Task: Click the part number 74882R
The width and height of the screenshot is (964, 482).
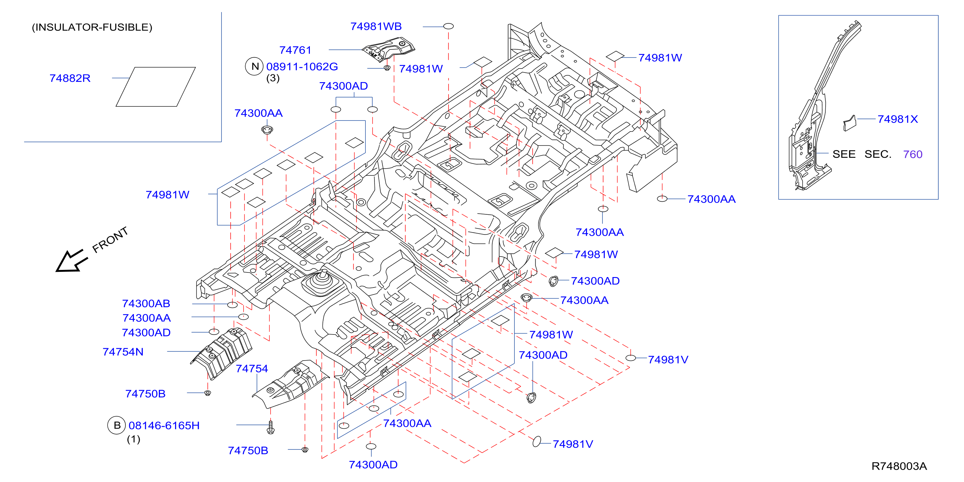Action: pyautogui.click(x=70, y=78)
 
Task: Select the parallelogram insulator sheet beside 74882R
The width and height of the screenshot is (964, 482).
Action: pyautogui.click(x=156, y=87)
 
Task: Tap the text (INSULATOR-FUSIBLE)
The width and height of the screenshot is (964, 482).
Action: pyautogui.click(x=92, y=27)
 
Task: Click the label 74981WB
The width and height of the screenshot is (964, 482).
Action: pyautogui.click(x=376, y=26)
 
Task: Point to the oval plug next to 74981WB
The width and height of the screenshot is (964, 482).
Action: pyautogui.click(x=448, y=26)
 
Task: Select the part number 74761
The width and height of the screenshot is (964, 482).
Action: pyautogui.click(x=295, y=50)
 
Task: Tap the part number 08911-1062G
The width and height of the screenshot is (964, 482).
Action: pyautogui.click(x=302, y=67)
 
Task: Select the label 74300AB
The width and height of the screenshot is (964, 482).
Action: pyautogui.click(x=146, y=303)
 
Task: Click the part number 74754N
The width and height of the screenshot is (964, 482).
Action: pyautogui.click(x=123, y=352)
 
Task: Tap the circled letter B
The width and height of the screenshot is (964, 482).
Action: pyautogui.click(x=117, y=425)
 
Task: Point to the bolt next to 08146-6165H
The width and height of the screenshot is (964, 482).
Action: pyautogui.click(x=271, y=427)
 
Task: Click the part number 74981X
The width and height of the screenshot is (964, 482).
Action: pyautogui.click(x=897, y=119)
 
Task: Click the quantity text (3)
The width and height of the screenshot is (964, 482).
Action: pyautogui.click(x=273, y=78)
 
